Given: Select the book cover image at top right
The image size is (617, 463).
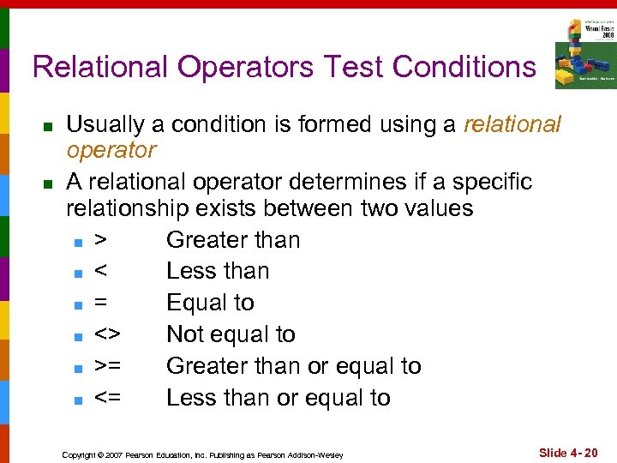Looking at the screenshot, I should tap(584, 52).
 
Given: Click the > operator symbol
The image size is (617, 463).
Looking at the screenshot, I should tap(101, 240).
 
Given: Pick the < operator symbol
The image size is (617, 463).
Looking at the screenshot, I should tap(101, 272).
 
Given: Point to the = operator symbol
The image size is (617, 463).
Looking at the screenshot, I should tap(101, 304).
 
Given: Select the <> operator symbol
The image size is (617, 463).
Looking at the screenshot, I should tap(108, 335).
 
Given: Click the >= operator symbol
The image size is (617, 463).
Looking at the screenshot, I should tap(108, 366).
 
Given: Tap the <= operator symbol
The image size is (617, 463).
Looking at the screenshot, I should tap(108, 398).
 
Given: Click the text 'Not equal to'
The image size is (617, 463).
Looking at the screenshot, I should tap(231, 334).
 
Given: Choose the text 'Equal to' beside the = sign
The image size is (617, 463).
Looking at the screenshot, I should tap(210, 303).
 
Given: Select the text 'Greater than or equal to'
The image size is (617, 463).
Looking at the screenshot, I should tap(293, 366).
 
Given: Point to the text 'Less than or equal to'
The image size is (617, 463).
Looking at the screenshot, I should tap(278, 398).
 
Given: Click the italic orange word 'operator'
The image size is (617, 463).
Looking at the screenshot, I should tap(111, 151).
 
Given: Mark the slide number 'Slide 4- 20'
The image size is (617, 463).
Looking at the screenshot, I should tap(567, 451).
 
